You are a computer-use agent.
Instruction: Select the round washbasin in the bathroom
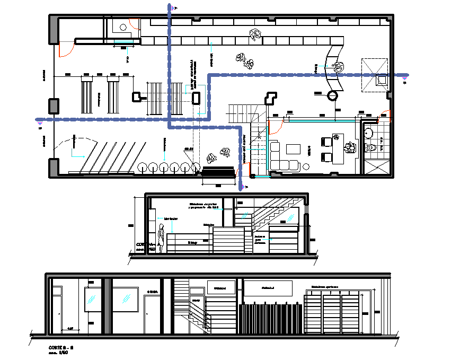coord(369,133)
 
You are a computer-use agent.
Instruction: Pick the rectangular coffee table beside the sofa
coord(293,149)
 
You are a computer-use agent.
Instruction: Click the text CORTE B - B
coord(60,347)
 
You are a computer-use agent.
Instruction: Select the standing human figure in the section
coord(161,236)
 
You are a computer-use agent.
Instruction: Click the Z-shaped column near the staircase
coord(271,99)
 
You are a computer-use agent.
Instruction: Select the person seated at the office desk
coord(350,148)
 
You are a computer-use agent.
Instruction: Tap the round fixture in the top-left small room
coord(123,26)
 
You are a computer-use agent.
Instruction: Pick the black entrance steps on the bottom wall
coord(218,171)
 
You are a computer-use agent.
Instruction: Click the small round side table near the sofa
coord(307,166)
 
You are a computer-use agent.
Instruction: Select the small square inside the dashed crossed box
coord(380,80)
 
